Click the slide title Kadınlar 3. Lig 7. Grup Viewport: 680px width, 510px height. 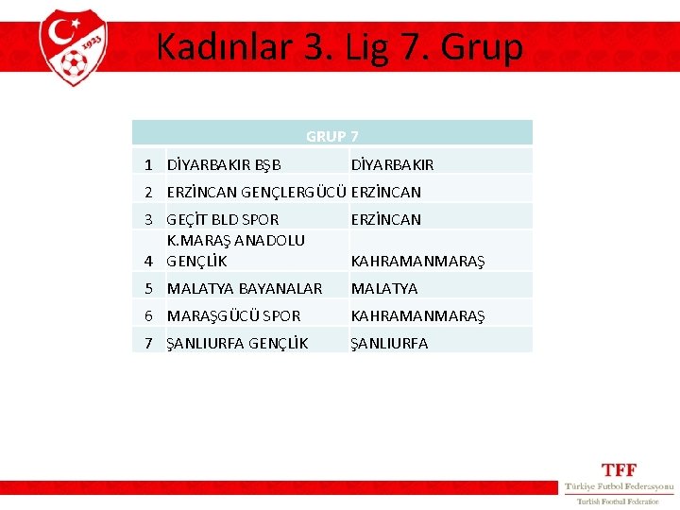[339, 46]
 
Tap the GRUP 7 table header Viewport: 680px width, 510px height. [331, 136]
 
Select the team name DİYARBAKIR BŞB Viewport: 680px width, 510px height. [224, 164]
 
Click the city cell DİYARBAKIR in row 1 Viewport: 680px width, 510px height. [392, 164]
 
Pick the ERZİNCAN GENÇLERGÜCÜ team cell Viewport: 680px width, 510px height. [257, 192]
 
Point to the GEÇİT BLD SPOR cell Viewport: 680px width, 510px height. [223, 219]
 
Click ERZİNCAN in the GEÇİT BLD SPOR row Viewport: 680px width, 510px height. [385, 219]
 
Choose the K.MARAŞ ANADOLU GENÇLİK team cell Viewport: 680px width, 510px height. [235, 250]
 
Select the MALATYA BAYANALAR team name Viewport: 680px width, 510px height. [244, 288]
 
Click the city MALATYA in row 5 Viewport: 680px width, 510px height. [383, 288]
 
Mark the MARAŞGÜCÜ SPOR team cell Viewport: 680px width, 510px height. [233, 315]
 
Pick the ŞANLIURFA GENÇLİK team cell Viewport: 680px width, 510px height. [237, 343]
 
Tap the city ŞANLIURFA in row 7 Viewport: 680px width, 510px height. [389, 343]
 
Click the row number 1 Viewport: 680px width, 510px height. [149, 164]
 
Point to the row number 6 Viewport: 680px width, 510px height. [149, 315]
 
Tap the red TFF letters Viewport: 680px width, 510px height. [619, 469]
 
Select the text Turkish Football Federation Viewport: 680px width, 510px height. [618, 501]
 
